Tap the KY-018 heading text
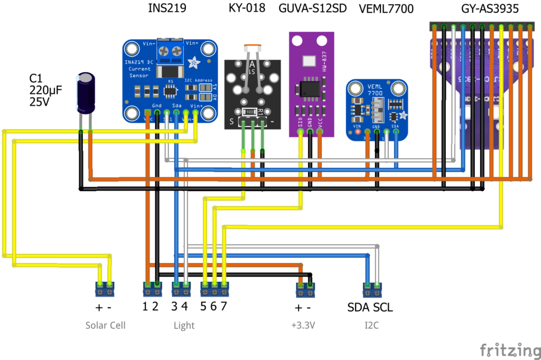tap(247, 9)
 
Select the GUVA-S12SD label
tap(312, 9)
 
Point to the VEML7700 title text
tap(386, 10)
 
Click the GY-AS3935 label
tap(489, 9)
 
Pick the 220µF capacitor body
tap(86, 94)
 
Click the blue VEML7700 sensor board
tap(376, 110)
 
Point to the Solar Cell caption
tap(106, 325)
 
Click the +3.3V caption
tap(303, 325)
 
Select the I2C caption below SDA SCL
tap(371, 325)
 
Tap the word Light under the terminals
tap(184, 325)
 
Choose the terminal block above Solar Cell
tap(105, 289)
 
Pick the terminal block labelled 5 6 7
tap(214, 289)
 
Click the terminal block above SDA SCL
tap(371, 289)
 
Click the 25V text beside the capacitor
tap(40, 102)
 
